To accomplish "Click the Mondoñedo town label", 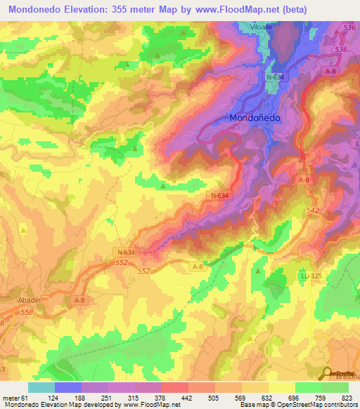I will click(255, 118).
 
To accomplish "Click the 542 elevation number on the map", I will click(314, 210).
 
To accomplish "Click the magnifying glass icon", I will click(328, 374).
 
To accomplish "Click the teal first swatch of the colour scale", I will click(41, 387).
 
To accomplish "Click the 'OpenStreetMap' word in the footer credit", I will click(307, 405).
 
